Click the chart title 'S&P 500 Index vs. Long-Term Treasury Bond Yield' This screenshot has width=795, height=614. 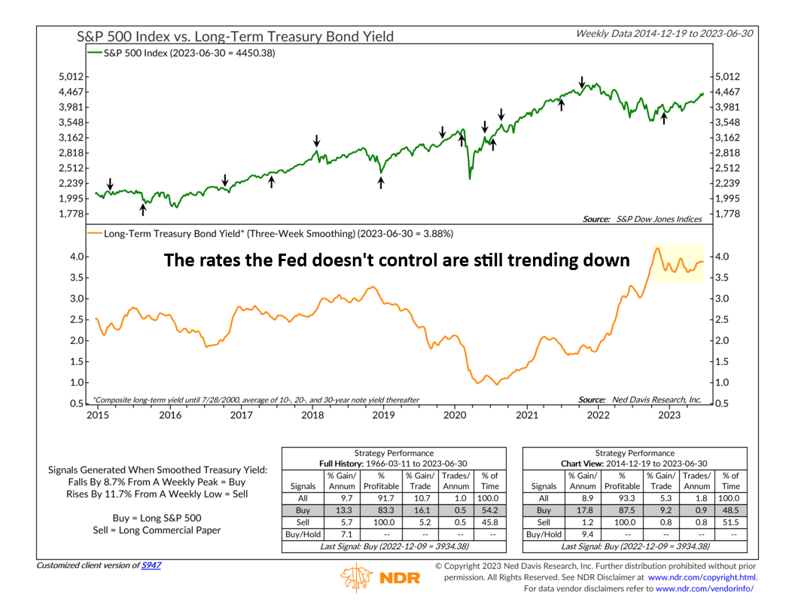pyautogui.click(x=235, y=36)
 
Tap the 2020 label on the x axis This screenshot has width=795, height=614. pyautogui.click(x=455, y=415)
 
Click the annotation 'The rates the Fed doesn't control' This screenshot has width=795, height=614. pyautogui.click(x=397, y=260)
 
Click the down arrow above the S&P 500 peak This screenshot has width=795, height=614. pyautogui.click(x=581, y=81)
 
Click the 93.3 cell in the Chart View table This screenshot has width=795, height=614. pyautogui.click(x=621, y=497)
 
